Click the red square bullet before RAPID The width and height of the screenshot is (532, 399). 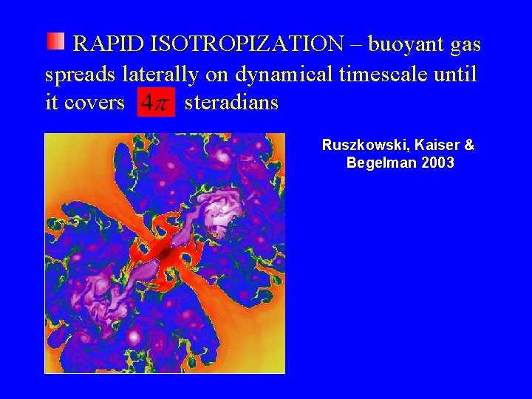pyautogui.click(x=56, y=41)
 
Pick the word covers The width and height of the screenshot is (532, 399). pyautogui.click(x=95, y=103)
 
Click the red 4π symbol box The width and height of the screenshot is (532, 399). pyautogui.click(x=156, y=103)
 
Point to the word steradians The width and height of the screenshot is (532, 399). pyautogui.click(x=231, y=103)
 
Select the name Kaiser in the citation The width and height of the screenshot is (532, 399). pyautogui.click(x=433, y=146)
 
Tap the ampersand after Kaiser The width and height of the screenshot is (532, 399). pyautogui.click(x=469, y=146)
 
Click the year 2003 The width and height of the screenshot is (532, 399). pyautogui.click(x=437, y=163)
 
